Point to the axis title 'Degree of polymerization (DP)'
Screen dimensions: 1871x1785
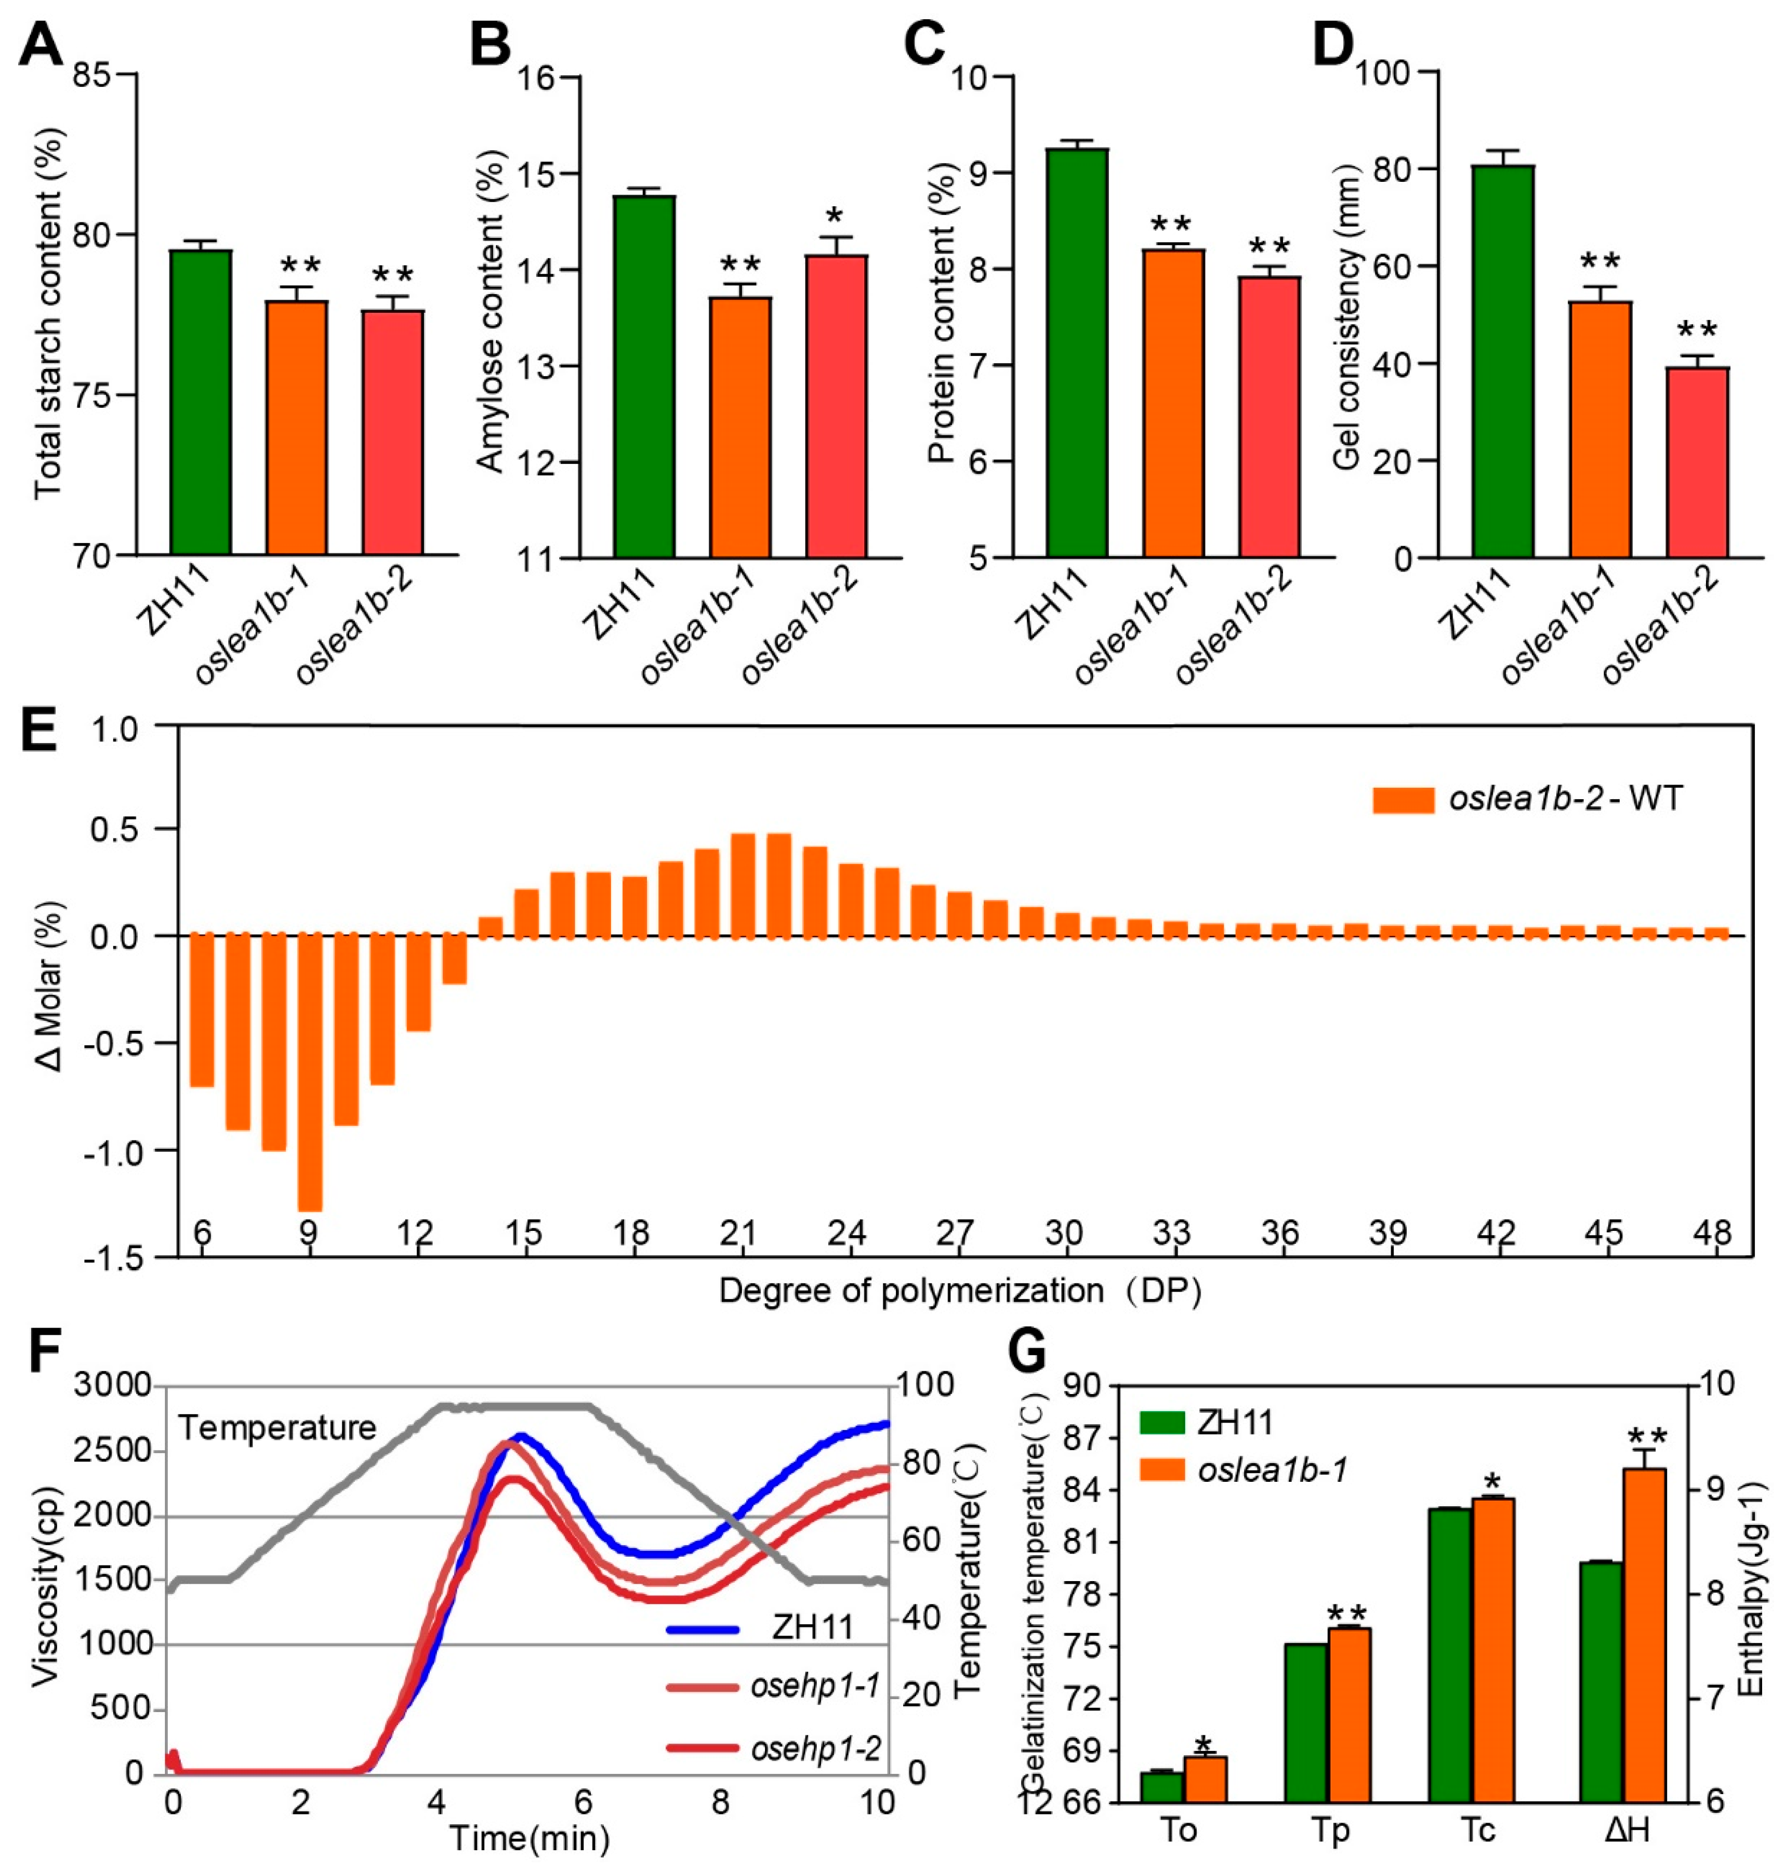click(x=959, y=1291)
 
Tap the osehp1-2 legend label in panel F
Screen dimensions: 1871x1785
click(x=814, y=1747)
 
